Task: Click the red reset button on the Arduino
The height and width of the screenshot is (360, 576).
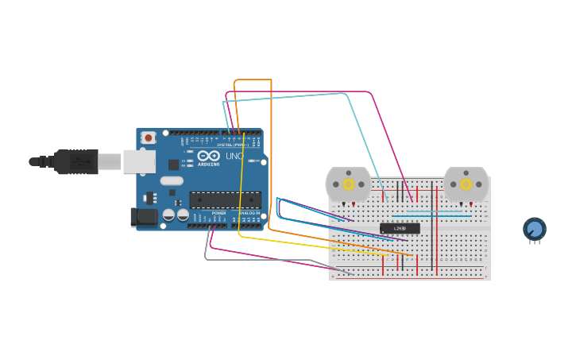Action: pos(148,137)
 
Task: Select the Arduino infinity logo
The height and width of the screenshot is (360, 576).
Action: pos(209,156)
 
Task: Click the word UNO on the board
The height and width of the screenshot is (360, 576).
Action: pos(234,156)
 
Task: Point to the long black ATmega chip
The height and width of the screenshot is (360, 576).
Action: pos(225,199)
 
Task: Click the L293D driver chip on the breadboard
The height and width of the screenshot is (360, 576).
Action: pos(400,228)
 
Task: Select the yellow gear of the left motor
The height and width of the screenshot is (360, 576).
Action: pos(348,184)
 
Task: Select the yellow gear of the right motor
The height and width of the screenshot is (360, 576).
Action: pos(466,184)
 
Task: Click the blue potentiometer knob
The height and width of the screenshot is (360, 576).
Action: pos(535,229)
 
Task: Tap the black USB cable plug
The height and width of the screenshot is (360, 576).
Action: pos(76,161)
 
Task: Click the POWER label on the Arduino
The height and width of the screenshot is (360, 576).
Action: pos(219,213)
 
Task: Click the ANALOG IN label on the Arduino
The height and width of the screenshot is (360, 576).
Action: pos(249,213)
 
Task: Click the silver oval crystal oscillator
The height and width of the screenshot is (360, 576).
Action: pos(172,180)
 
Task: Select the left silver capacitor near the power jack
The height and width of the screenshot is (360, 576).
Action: pos(168,215)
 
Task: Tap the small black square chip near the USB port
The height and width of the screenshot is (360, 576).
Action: pos(173,165)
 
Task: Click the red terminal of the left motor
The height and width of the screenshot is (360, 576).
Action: pos(354,204)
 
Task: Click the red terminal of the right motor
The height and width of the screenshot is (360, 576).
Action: pos(471,204)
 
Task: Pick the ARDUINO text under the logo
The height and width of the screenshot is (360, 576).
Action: pos(209,164)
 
